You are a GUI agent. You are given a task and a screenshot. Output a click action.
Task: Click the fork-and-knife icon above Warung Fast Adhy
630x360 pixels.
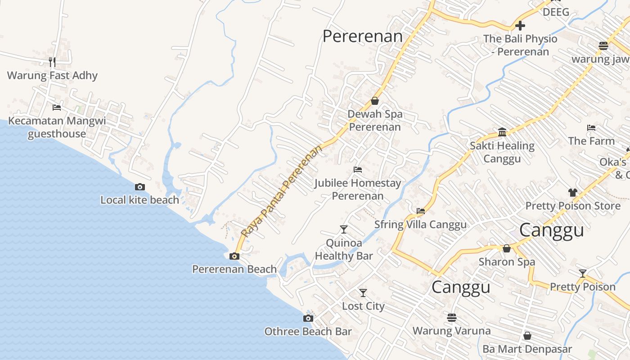[x=52, y=62]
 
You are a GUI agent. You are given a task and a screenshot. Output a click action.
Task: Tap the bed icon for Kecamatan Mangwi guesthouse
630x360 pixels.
[x=57, y=107]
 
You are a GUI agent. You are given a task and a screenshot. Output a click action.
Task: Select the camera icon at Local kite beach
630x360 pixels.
[x=140, y=187]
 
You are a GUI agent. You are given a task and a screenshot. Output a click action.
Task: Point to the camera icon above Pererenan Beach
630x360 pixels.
[x=234, y=256]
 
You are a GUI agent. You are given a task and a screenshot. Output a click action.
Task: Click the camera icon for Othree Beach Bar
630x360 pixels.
[x=308, y=319]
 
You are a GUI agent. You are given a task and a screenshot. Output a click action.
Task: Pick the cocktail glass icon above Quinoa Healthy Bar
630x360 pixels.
[x=344, y=229]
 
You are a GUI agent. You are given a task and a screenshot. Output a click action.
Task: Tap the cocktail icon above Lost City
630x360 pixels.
[x=363, y=293]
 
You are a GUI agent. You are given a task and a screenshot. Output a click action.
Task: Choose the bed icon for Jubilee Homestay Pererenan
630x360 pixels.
[x=358, y=170]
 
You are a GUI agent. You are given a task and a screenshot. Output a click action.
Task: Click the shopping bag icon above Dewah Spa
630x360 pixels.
[x=375, y=101]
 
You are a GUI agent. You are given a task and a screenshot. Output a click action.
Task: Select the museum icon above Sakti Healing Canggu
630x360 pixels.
[x=502, y=132]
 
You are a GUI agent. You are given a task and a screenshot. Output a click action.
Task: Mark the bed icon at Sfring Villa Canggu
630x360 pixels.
[x=421, y=211]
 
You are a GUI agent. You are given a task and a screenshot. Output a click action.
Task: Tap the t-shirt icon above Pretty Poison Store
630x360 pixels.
[x=573, y=193]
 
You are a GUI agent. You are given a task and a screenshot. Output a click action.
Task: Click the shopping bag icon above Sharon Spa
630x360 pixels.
[x=507, y=248]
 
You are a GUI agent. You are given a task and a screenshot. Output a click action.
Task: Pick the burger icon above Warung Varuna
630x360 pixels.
[x=452, y=317]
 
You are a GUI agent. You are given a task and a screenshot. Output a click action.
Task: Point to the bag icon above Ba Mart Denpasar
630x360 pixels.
[x=527, y=336]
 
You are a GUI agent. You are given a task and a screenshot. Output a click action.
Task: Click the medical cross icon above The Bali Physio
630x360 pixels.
[x=520, y=25]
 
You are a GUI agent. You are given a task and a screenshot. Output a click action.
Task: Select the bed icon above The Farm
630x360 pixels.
[x=591, y=128]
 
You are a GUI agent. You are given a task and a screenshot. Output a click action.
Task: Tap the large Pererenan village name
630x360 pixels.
[x=363, y=36]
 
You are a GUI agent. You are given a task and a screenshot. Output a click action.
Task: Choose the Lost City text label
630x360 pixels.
[x=363, y=306]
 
